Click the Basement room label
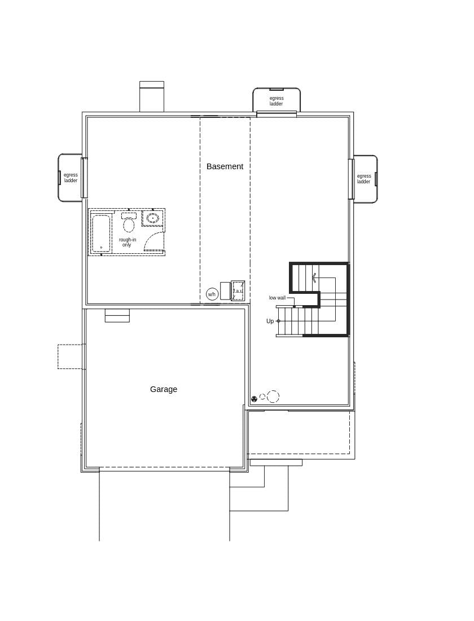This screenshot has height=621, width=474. pos(225,166)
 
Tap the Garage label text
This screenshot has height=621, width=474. pos(164,389)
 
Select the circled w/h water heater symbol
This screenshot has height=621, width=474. pos(212,294)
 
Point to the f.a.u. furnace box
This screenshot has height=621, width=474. pos(238,291)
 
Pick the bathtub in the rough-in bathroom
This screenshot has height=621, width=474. pos(101,232)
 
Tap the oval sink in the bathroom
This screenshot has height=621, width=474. pos(153,218)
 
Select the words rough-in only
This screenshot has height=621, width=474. pos(127,242)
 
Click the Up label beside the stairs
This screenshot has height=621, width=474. pos(270,321)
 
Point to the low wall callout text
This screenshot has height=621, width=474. pos(277,298)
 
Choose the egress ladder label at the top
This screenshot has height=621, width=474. pos(276,101)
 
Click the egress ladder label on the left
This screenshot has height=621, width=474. pos(71,178)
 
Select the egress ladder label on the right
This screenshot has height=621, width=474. pos(364,179)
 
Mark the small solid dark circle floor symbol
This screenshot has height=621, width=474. pos(254,399)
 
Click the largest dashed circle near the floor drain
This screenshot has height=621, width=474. pos(273,397)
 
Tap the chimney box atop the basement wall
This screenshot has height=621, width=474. pos(152,97)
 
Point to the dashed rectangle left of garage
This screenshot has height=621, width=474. pos(71,356)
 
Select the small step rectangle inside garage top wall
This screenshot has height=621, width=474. pos(117,315)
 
